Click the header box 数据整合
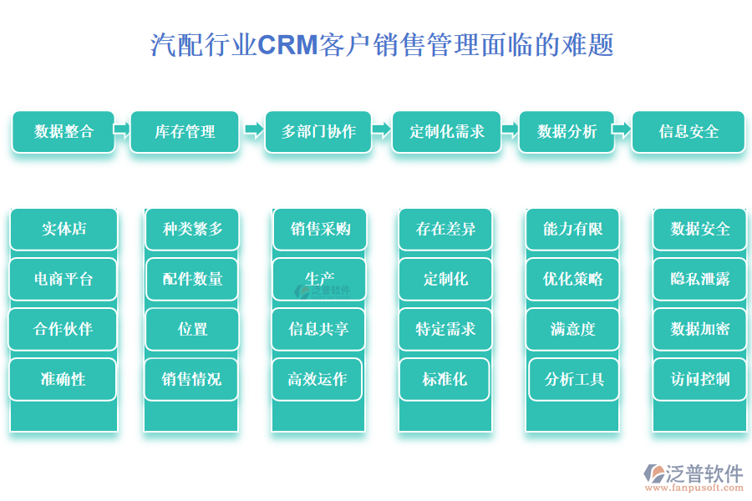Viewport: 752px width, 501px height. click(x=64, y=132)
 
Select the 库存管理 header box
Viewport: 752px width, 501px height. click(x=185, y=132)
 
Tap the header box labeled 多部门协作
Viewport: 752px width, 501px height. click(x=318, y=132)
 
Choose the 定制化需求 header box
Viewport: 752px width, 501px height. click(x=447, y=132)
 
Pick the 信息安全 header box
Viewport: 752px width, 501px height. click(x=688, y=132)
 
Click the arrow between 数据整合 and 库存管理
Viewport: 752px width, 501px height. click(x=122, y=129)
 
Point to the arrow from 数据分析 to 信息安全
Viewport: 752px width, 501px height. click(x=621, y=129)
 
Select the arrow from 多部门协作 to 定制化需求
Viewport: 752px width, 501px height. click(x=381, y=129)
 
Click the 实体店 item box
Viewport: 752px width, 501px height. click(x=64, y=229)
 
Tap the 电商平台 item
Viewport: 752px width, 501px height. click(x=64, y=279)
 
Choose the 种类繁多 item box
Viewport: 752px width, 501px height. click(x=192, y=229)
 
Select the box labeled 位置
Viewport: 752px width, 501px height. click(x=192, y=329)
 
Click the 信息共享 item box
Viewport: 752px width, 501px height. click(x=318, y=329)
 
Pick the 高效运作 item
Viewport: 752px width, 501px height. click(x=318, y=379)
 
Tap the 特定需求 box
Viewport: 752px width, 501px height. click(x=445, y=329)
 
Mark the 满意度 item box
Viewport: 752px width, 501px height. click(x=572, y=329)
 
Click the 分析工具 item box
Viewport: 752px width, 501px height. click(x=574, y=379)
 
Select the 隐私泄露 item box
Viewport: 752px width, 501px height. click(x=699, y=279)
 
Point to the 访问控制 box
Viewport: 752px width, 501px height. click(x=699, y=379)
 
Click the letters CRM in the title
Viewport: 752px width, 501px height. click(x=287, y=44)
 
